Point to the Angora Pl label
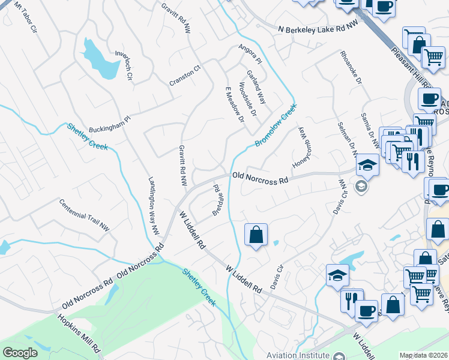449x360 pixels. point(251,55)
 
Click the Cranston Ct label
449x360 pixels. point(184,77)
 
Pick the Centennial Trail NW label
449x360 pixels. point(85,215)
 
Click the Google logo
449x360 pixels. point(20,353)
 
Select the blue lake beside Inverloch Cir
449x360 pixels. point(99,58)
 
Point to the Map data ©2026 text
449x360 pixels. point(424,355)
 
